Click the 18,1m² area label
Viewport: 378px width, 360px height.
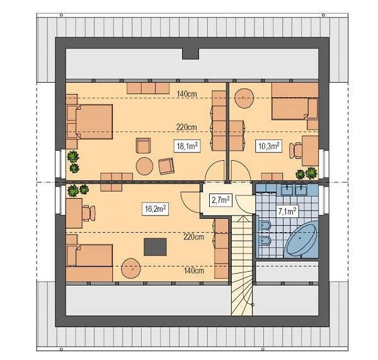(187, 146)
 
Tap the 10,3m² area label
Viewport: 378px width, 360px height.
(268, 146)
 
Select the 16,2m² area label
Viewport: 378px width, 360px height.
(155, 207)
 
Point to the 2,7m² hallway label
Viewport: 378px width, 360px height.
(219, 200)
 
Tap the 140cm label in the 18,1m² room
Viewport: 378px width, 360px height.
(186, 95)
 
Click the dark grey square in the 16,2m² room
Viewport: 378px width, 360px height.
(154, 247)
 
